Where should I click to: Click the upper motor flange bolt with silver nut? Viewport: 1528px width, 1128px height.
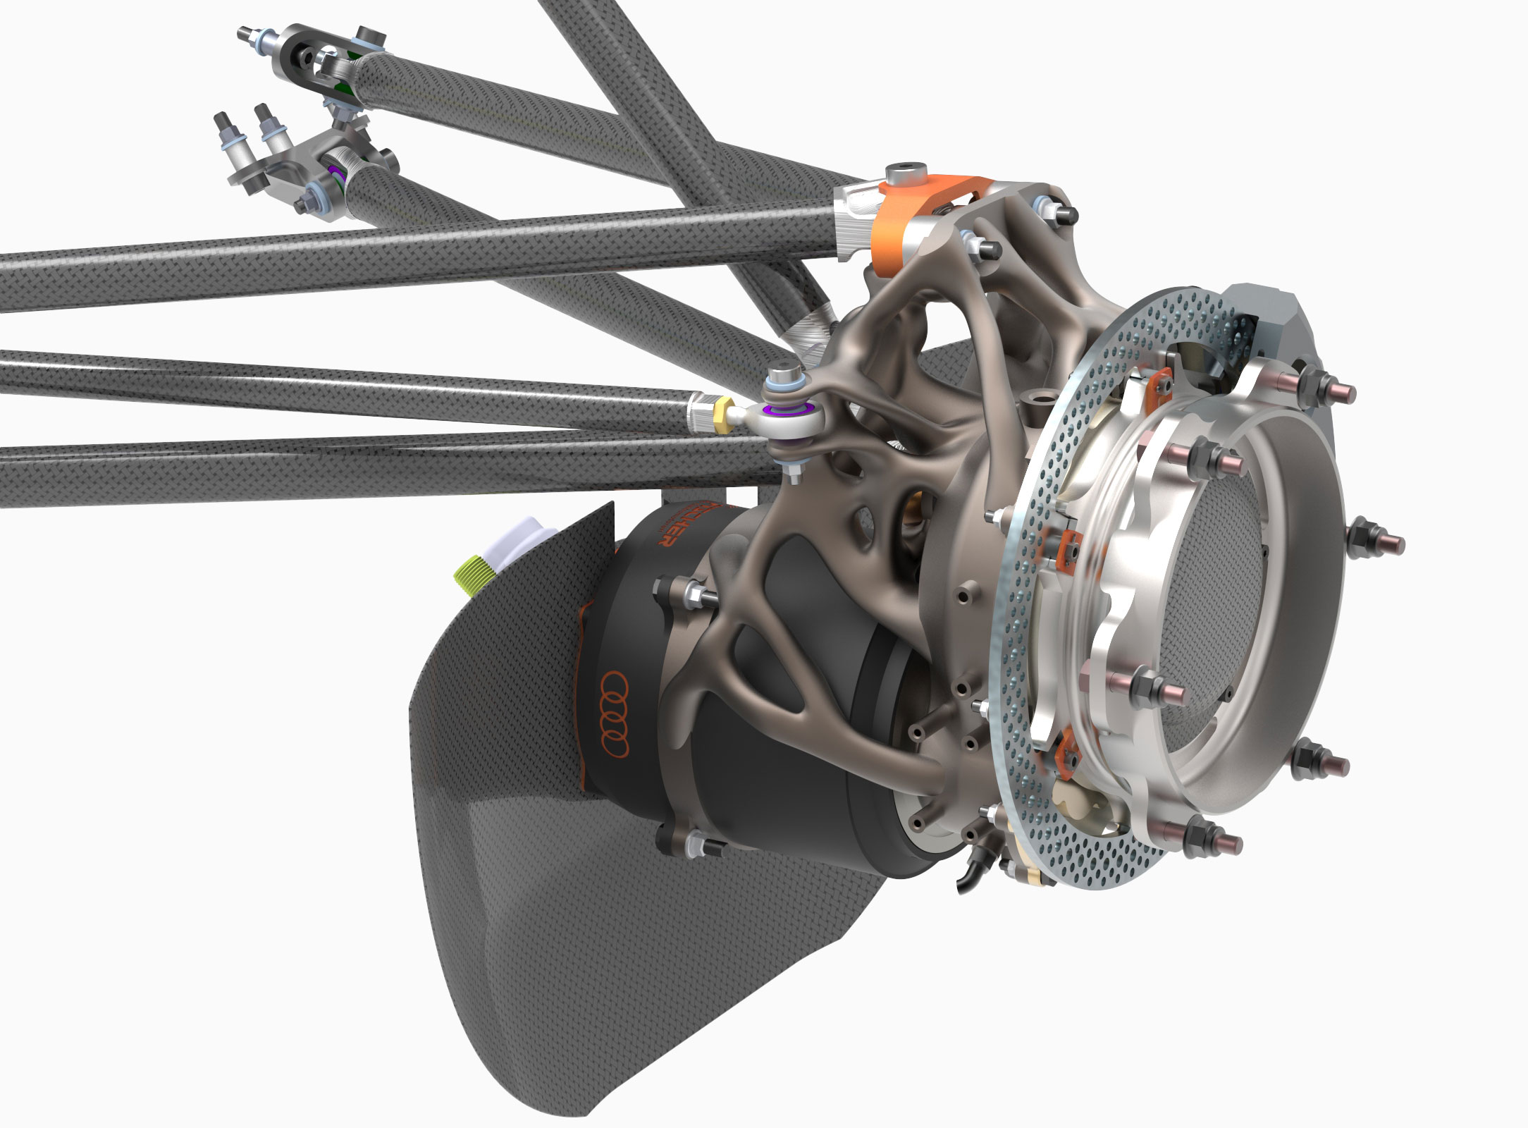680,591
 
